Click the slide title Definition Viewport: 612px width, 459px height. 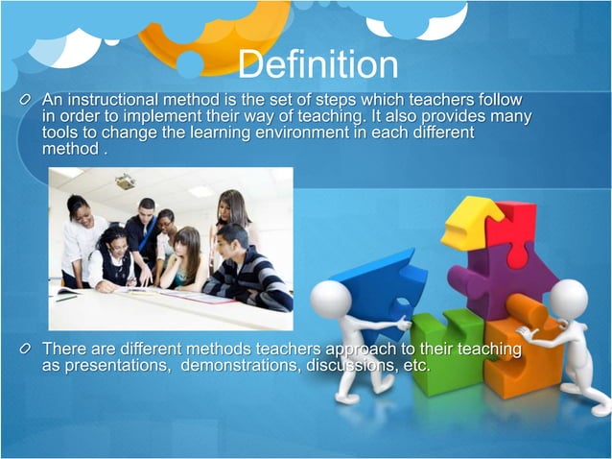coord(317,64)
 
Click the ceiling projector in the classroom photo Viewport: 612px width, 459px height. coord(125,181)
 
